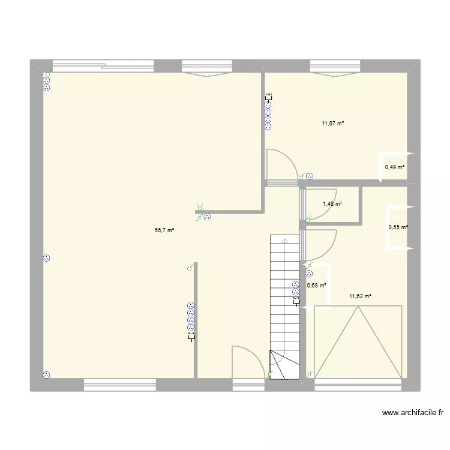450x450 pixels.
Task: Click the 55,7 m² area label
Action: click(x=164, y=230)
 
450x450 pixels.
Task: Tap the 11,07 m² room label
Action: click(x=333, y=124)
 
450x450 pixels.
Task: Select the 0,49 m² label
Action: click(x=395, y=167)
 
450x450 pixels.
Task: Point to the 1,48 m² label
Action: click(x=332, y=204)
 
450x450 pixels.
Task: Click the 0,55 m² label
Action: click(x=398, y=227)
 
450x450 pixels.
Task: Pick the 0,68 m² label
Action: click(x=317, y=286)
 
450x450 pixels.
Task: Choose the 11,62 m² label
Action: click(x=360, y=296)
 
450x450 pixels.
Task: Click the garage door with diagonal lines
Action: click(x=358, y=343)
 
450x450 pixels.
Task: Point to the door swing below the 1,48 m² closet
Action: click(x=321, y=243)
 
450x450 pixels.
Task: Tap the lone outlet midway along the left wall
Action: click(x=47, y=259)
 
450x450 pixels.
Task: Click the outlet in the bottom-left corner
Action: click(x=47, y=375)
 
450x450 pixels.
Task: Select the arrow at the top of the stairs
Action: click(x=284, y=241)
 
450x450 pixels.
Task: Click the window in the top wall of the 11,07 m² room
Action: click(x=335, y=67)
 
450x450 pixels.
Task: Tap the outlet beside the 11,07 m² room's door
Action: click(x=310, y=176)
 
